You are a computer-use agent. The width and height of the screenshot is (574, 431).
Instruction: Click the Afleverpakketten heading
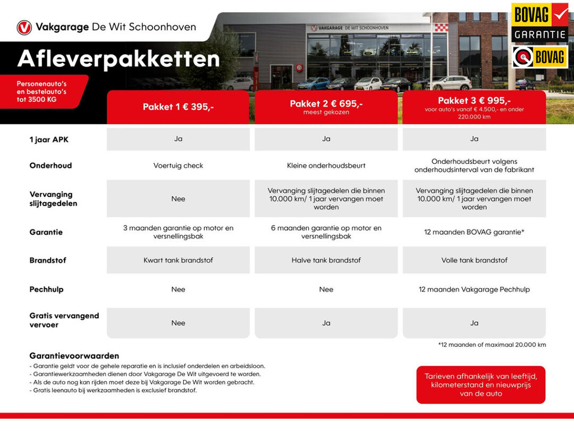[x=119, y=59]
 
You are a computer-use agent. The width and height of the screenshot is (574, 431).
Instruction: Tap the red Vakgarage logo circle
[x=24, y=27]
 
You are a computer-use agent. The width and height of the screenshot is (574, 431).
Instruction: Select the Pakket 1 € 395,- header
[x=178, y=107]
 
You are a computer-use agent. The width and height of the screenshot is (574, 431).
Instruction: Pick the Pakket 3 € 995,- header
[x=474, y=101]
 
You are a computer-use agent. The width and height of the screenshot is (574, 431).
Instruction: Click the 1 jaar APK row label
[x=49, y=140]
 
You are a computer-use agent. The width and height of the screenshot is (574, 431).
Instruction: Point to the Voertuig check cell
[x=178, y=165]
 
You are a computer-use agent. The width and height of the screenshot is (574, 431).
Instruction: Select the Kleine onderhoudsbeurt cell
[x=326, y=165]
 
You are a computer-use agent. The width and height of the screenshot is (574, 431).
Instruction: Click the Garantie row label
[x=46, y=233]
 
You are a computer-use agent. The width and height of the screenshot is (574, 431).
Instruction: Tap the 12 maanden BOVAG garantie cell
[x=474, y=233]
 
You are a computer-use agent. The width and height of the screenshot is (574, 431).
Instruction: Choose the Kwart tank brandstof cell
[x=178, y=260]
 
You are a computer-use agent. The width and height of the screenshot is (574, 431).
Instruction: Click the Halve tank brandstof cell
[x=326, y=260]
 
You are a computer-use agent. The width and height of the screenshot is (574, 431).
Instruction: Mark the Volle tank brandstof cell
[x=474, y=260]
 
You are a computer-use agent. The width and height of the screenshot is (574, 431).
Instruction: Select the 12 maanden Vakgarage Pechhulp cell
[x=474, y=289]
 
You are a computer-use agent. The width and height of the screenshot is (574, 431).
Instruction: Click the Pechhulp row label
[x=46, y=289]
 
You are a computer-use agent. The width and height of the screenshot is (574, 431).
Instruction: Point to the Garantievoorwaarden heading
[x=74, y=356]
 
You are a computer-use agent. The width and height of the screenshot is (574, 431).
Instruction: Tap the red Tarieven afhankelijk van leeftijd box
[x=480, y=385]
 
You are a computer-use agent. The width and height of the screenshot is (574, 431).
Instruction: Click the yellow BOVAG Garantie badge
[x=539, y=22]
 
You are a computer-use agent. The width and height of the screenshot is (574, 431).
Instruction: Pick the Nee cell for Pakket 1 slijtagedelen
[x=178, y=199]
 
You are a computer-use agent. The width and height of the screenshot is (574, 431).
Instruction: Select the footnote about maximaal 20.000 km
[x=492, y=345]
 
